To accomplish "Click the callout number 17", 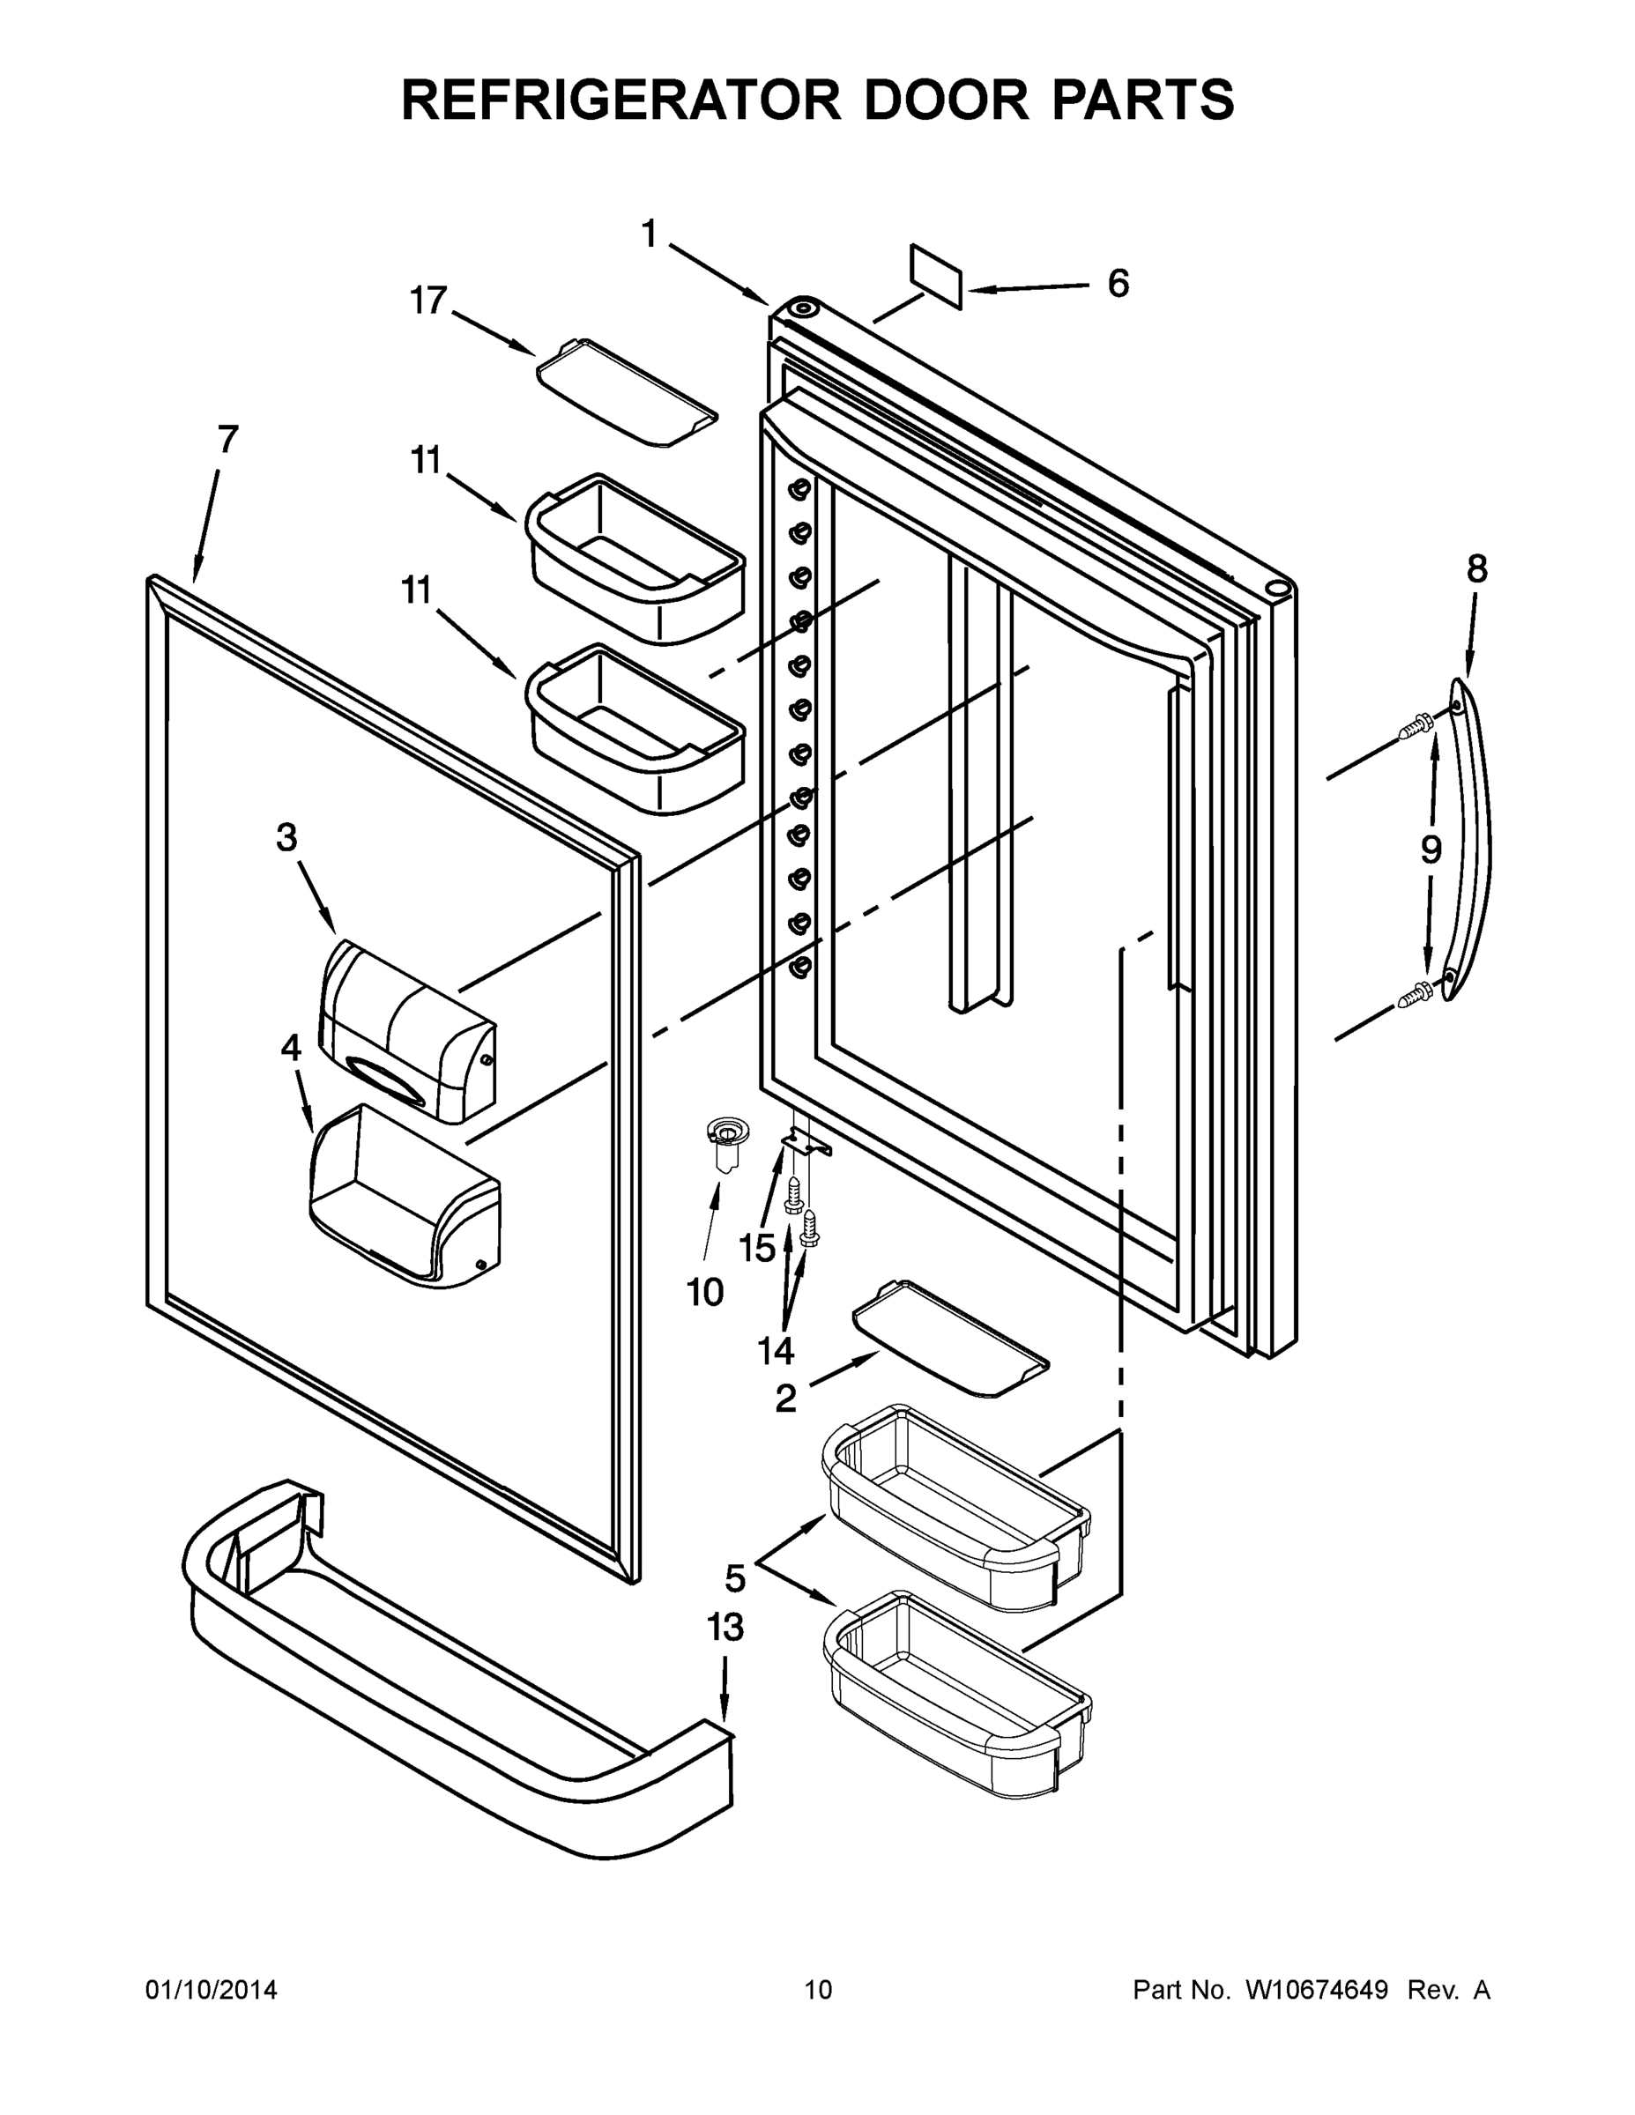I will click(x=427, y=301).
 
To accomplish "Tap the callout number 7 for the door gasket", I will click(x=227, y=441).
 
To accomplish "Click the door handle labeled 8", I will click(x=1468, y=838).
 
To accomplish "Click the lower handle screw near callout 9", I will click(x=1416, y=995).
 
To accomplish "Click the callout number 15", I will click(x=757, y=1248).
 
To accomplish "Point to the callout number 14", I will click(x=776, y=1349).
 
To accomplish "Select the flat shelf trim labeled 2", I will click(x=949, y=1339).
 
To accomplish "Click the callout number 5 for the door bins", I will click(x=735, y=1578).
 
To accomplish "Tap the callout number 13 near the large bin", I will click(x=725, y=1627).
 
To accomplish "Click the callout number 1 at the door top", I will click(x=648, y=234).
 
